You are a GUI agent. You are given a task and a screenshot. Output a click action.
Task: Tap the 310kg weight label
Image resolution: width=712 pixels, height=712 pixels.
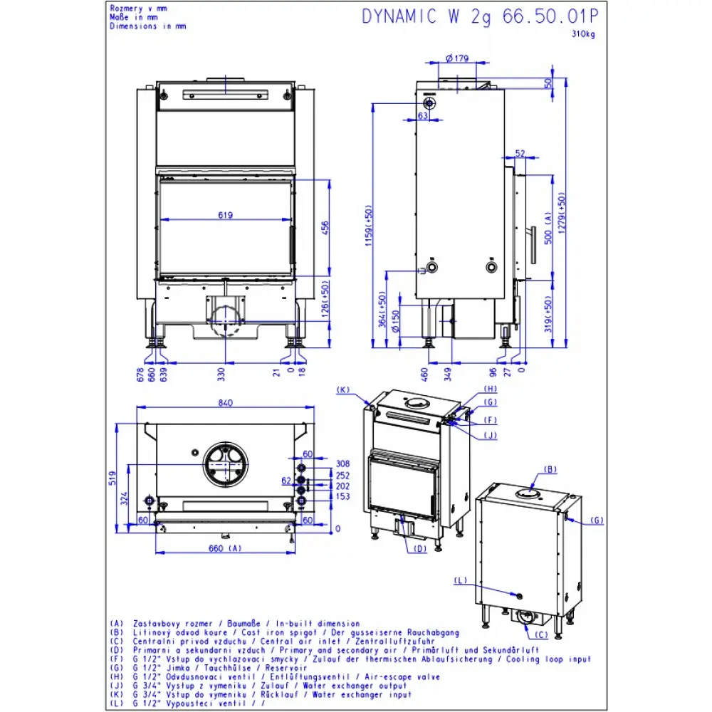(x=584, y=33)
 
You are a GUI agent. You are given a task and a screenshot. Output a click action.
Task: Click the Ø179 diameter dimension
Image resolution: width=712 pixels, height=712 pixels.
(x=455, y=58)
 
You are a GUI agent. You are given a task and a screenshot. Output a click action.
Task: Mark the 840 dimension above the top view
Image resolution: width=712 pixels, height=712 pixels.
(x=226, y=403)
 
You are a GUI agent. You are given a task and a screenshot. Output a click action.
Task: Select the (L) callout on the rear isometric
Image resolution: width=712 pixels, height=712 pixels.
(x=460, y=581)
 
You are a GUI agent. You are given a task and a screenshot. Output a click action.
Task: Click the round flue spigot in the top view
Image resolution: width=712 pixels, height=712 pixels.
(x=226, y=465)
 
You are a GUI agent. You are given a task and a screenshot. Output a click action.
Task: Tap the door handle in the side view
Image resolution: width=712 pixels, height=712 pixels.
(x=533, y=244)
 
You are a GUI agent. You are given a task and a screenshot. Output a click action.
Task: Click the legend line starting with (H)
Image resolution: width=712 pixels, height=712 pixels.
(x=285, y=677)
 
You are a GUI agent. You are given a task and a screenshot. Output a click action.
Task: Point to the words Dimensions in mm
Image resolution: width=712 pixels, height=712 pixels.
(x=147, y=26)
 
